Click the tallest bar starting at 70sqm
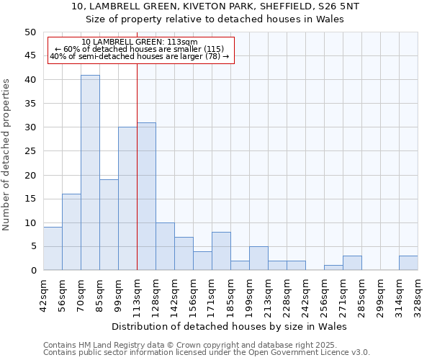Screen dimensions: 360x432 90,173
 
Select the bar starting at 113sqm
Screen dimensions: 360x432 146,197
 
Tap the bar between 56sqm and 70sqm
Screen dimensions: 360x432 71,232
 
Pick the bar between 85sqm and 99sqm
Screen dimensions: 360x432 109,225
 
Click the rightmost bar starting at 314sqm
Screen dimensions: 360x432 408,263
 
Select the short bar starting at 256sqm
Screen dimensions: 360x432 333,268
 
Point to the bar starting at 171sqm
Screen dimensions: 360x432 221,251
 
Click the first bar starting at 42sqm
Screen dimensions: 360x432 53,248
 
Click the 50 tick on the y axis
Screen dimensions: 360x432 30,32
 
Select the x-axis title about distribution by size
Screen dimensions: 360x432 230,326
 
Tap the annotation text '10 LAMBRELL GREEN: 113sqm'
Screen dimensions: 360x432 140,42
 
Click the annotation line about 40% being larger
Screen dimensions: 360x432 140,56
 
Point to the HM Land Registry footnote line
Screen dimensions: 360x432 205,345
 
